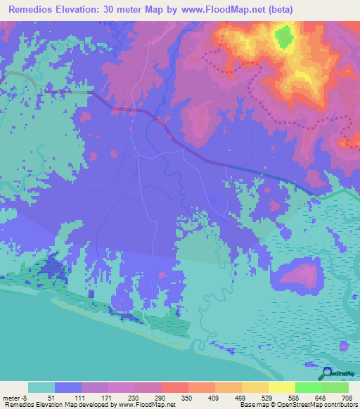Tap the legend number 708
coord(345,397)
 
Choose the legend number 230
coord(133,397)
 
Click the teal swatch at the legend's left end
coord(41,387)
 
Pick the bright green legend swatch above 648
coord(308,387)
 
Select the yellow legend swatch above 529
coord(255,387)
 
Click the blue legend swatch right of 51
coord(67,387)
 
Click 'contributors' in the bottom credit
coord(339,405)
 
